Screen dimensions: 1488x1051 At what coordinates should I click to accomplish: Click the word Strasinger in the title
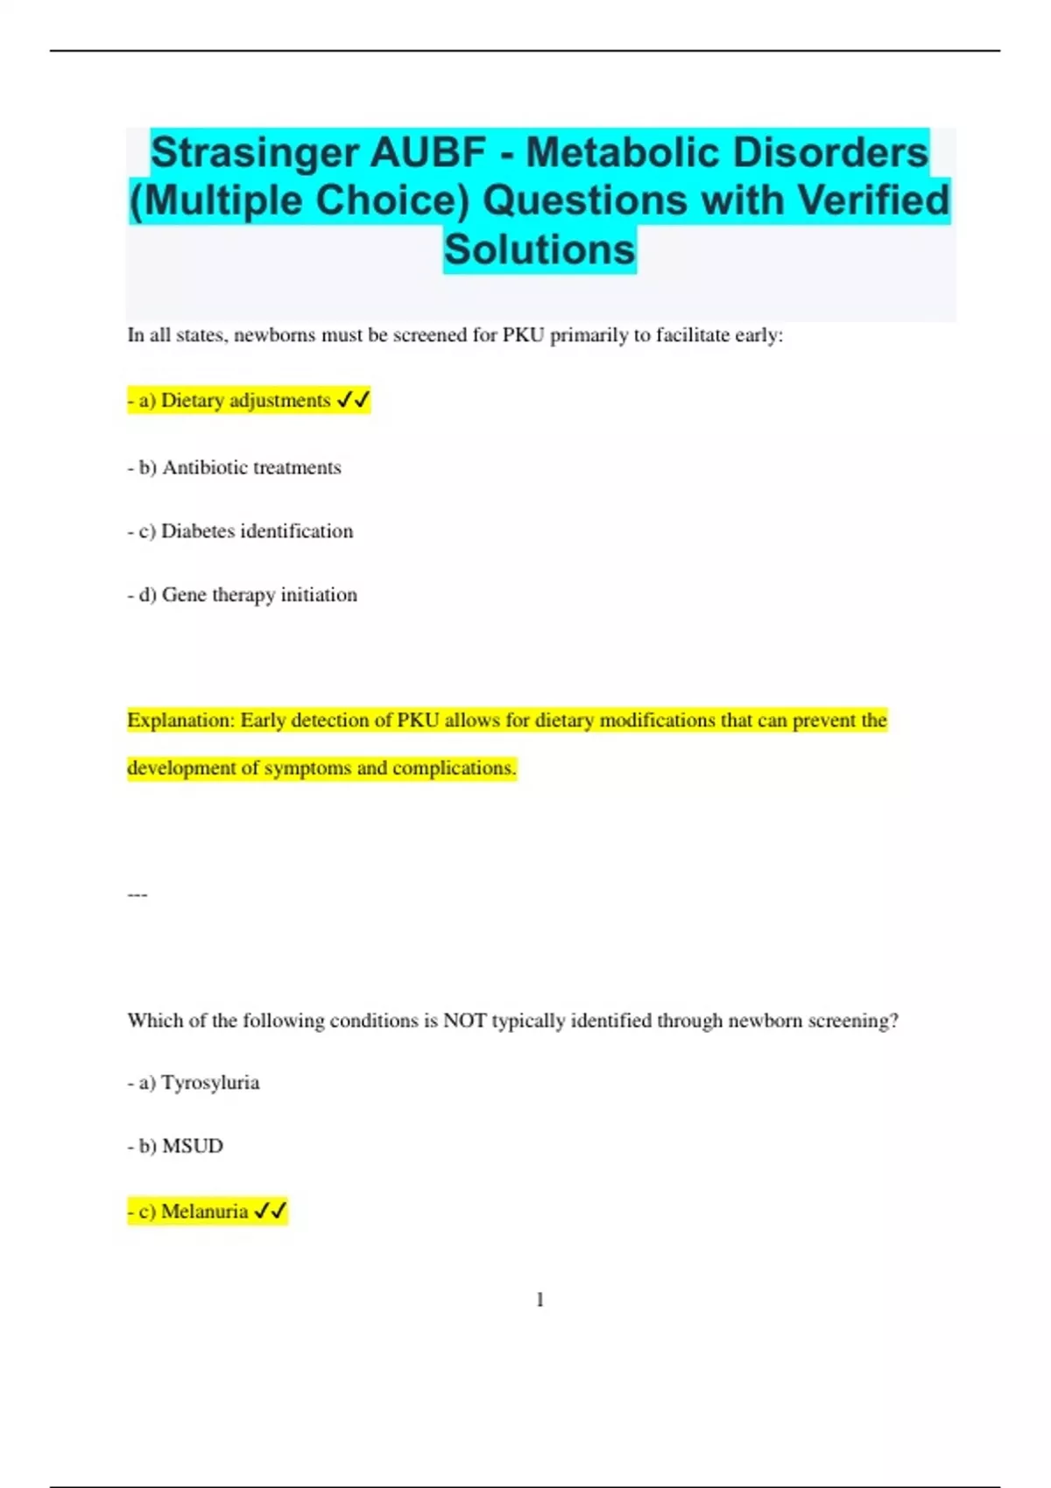pyautogui.click(x=254, y=153)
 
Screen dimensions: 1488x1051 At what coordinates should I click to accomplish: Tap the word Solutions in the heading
pyautogui.click(x=540, y=249)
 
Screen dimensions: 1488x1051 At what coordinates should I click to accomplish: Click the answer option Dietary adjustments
pyautogui.click(x=245, y=401)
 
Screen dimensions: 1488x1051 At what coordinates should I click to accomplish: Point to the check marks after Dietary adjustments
pyautogui.click(x=354, y=401)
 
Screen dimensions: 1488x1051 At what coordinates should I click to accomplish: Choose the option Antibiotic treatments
pyautogui.click(x=251, y=467)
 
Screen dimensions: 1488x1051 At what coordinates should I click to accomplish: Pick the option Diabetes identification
pyautogui.click(x=257, y=531)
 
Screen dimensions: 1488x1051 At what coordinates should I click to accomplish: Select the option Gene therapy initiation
pyautogui.click(x=259, y=595)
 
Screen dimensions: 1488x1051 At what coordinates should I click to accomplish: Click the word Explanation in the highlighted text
pyautogui.click(x=180, y=720)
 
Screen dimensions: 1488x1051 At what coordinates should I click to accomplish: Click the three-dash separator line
pyautogui.click(x=138, y=895)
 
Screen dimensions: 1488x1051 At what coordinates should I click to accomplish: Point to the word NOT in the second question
pyautogui.click(x=464, y=1021)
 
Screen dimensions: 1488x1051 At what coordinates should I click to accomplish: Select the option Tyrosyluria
pyautogui.click(x=210, y=1083)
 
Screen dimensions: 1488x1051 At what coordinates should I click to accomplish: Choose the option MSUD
pyautogui.click(x=193, y=1147)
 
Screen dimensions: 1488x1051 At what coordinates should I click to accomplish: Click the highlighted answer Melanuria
pyautogui.click(x=204, y=1211)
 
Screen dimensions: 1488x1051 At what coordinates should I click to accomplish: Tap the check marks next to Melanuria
pyautogui.click(x=271, y=1211)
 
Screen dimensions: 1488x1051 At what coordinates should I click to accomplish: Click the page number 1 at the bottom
pyautogui.click(x=540, y=1300)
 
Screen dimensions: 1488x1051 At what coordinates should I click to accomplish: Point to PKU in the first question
pyautogui.click(x=524, y=335)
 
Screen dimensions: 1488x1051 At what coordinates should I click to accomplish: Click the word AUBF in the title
pyautogui.click(x=427, y=153)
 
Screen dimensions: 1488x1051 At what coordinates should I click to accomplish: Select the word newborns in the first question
pyautogui.click(x=275, y=335)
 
